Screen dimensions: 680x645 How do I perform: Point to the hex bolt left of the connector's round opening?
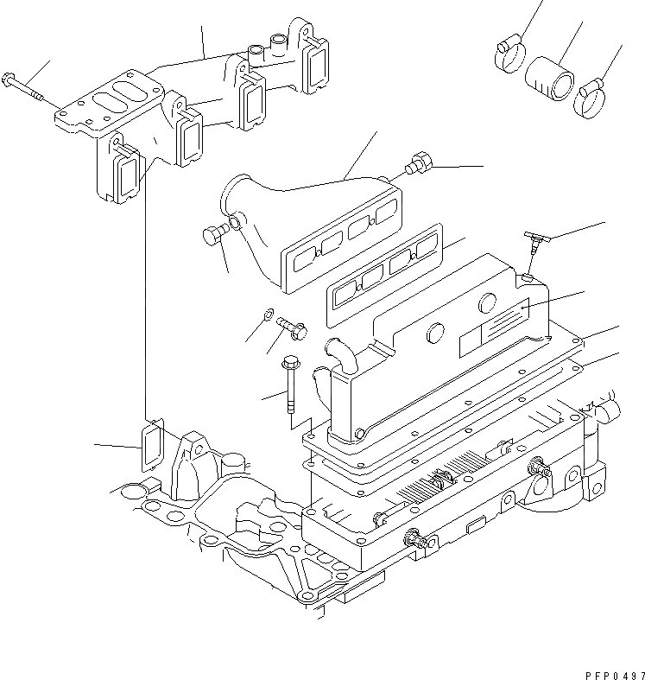point(214,235)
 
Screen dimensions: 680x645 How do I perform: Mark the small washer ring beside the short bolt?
point(269,313)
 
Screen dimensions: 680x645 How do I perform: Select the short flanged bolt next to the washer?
point(293,327)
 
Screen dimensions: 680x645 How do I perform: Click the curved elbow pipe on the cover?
point(340,356)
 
